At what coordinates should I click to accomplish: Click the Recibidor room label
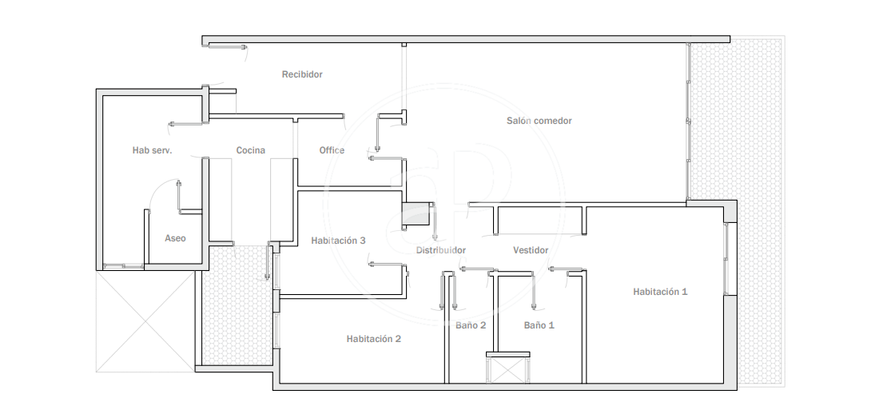[302, 74]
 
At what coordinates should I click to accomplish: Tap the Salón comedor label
[539, 121]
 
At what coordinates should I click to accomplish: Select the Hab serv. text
[152, 150]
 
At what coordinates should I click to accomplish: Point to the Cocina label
[251, 150]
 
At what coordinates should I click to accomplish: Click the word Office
[332, 150]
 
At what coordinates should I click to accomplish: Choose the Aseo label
[175, 238]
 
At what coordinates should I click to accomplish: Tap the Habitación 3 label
[338, 241]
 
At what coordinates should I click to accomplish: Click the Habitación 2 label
[374, 339]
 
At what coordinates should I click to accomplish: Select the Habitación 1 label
[660, 292]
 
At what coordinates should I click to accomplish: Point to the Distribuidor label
[440, 250]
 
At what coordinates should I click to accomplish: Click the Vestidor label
[531, 250]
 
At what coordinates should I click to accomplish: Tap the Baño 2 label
[471, 325]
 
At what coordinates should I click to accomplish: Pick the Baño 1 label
[539, 325]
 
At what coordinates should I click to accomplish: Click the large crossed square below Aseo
[145, 321]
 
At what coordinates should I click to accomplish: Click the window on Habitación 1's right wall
[727, 259]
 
